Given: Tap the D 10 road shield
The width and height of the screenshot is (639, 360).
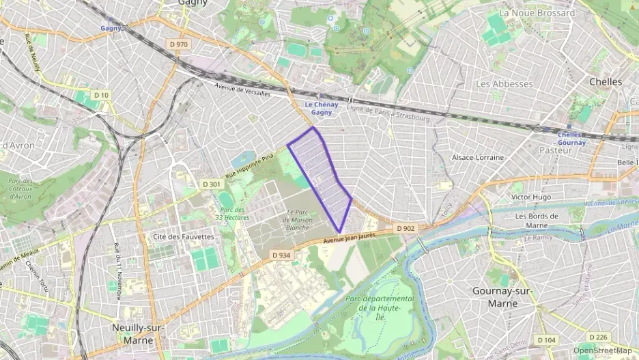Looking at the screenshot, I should [101, 95].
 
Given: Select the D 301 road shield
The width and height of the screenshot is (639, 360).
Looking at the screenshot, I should [212, 184].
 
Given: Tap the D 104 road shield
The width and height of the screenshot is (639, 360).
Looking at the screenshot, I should [545, 340].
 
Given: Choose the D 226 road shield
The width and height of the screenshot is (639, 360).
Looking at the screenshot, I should [598, 337].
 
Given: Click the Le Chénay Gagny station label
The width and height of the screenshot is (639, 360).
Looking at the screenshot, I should [320, 109].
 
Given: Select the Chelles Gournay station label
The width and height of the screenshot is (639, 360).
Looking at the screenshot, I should [571, 139].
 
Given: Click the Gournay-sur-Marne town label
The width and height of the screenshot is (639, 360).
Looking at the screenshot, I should [502, 297].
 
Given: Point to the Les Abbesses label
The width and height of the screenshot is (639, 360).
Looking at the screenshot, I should [504, 84].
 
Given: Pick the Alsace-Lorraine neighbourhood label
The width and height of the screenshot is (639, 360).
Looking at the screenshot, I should [478, 157].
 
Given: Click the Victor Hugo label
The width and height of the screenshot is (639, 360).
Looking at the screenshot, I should [531, 197].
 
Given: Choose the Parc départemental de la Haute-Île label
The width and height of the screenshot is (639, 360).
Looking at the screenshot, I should [380, 307].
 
